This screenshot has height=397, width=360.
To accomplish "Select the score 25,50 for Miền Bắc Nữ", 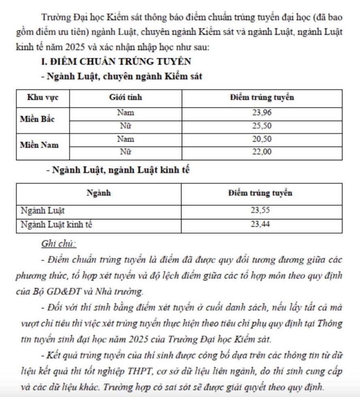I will point(261,126).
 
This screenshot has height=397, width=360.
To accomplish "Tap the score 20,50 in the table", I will point(261,139).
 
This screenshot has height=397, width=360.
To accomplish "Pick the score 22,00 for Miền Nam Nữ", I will point(261,152).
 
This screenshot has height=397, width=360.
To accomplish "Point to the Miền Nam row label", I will point(39,145).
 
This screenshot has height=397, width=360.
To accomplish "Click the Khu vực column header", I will point(43,98).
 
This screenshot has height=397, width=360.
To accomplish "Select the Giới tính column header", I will point(125,98).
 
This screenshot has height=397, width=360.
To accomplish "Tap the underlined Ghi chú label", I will point(58,244).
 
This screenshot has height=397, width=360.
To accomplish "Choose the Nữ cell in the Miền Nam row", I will point(125,152).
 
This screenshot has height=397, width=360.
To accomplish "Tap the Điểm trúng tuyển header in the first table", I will point(261,98).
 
